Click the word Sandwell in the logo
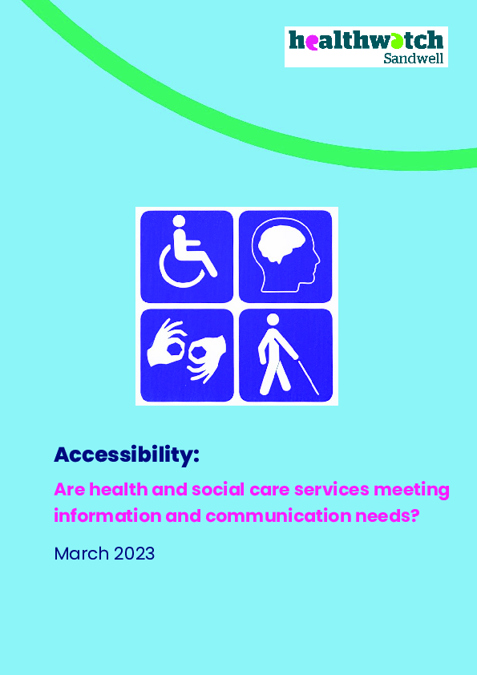point(414,58)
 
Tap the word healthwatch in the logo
point(366,40)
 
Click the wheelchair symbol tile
point(187,257)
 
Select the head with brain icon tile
point(285,257)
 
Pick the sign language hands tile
point(187,355)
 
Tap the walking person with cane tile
point(285,355)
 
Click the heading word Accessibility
point(127,455)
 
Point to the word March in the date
point(81,554)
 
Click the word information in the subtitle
point(107,515)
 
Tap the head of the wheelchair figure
point(179,221)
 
